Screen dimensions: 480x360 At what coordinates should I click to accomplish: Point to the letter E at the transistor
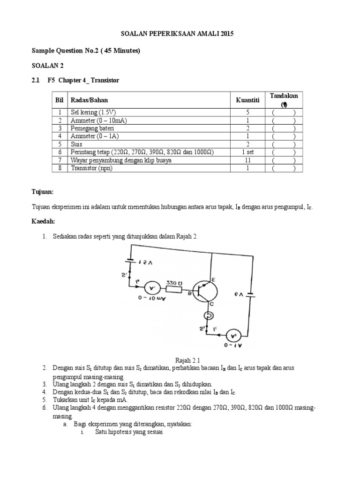click(213, 279)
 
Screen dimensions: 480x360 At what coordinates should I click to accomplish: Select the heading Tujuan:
click(43, 192)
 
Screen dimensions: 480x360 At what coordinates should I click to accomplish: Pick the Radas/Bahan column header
click(92, 100)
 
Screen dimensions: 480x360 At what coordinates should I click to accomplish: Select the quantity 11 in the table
click(248, 160)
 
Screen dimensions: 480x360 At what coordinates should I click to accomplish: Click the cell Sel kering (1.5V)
click(91, 112)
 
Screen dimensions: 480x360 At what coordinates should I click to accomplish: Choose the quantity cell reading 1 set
click(248, 152)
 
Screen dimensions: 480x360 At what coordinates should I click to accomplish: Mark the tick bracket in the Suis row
click(284, 144)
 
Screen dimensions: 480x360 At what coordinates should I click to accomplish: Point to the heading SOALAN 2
click(47, 66)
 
